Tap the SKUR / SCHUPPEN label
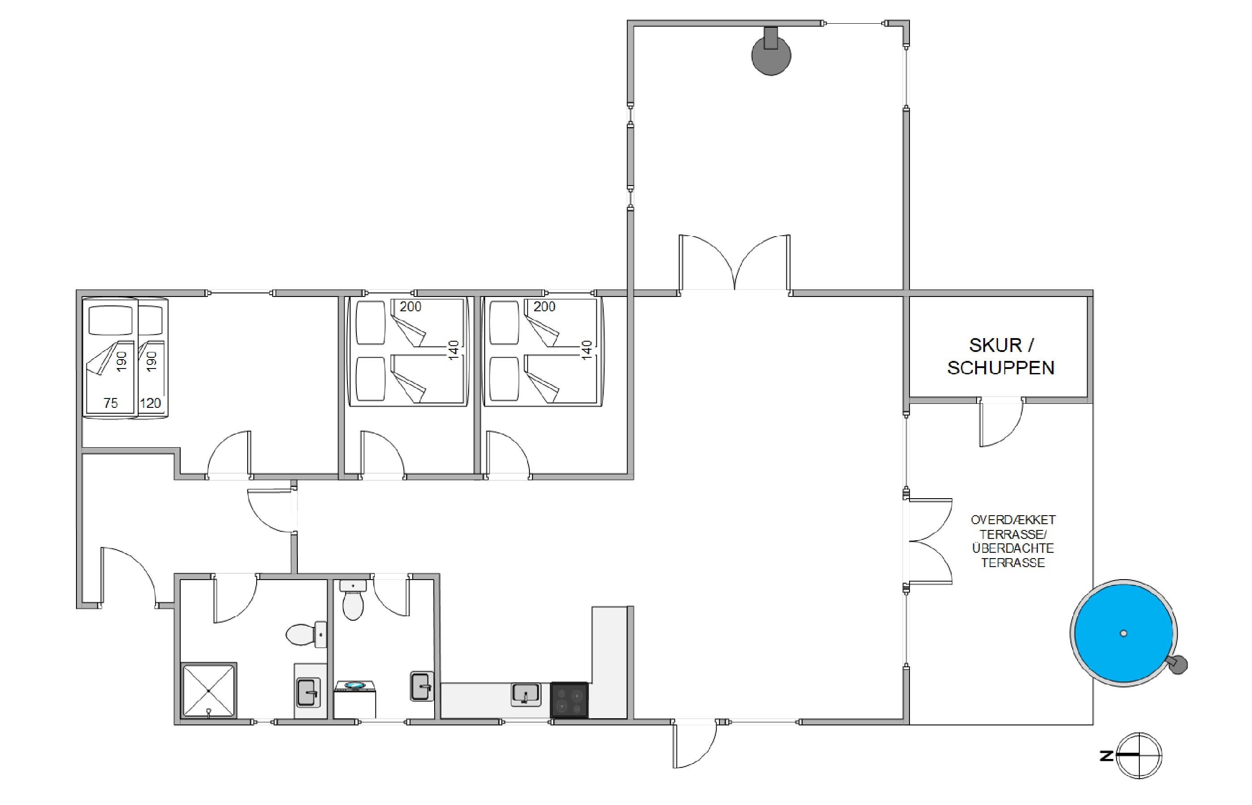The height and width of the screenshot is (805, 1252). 1001,356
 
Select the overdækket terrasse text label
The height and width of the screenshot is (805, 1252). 1013,541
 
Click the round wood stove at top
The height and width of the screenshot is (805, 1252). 771,53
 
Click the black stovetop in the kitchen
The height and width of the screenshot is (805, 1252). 569,700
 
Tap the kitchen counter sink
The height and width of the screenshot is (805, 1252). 526,695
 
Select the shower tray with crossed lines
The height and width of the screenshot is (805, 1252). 208,691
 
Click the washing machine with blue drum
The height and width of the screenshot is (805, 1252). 354,699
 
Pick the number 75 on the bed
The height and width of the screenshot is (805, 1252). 110,403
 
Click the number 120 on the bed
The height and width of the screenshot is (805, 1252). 151,403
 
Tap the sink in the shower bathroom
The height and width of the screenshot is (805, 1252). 308,692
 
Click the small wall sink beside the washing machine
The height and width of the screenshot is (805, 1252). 422,686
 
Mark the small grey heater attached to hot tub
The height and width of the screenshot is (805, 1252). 1178,665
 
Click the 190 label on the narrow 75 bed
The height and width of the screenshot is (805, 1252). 122,361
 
